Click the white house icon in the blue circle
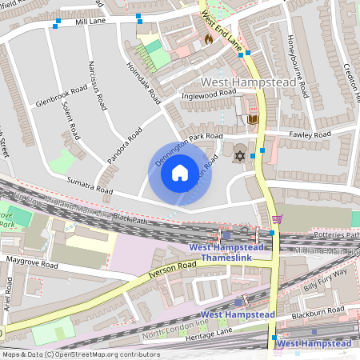[x=180, y=172]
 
